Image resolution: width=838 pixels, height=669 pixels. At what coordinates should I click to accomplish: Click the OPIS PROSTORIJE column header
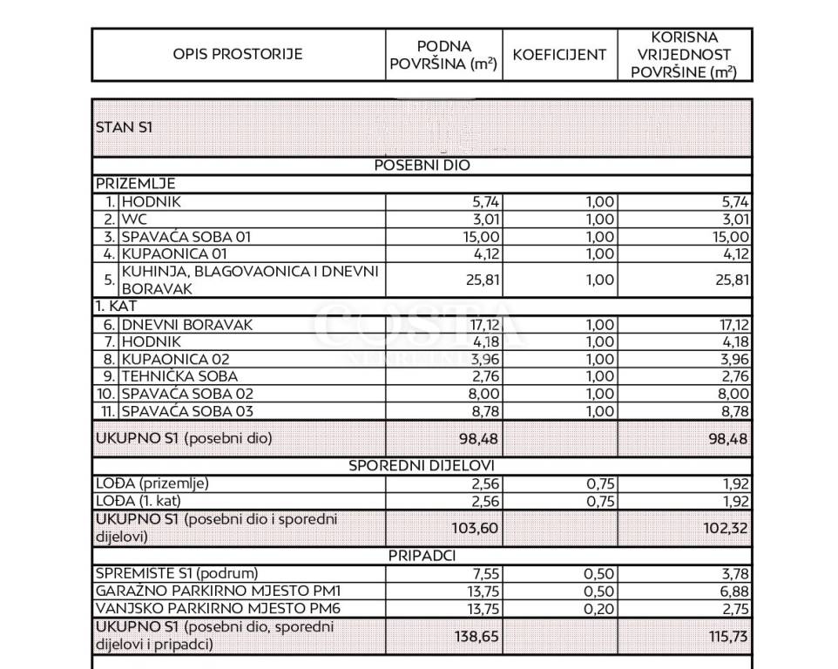(x=238, y=54)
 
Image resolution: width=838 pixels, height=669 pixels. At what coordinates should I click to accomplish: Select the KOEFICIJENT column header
(x=559, y=54)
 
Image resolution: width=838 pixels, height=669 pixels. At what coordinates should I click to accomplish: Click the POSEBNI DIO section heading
(x=422, y=166)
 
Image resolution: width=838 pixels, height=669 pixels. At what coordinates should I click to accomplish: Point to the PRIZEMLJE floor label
(x=135, y=184)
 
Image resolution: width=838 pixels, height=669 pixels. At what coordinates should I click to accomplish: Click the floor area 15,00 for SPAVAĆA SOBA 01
(x=480, y=236)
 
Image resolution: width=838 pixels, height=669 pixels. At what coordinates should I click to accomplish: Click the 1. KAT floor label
(x=117, y=307)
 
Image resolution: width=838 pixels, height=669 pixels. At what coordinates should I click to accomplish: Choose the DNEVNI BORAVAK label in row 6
(x=187, y=325)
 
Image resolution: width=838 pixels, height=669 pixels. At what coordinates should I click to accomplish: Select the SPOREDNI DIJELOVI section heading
(x=422, y=465)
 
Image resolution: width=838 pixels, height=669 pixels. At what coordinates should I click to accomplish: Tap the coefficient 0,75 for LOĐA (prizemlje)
(x=596, y=483)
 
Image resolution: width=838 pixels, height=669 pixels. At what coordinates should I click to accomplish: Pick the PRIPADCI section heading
(x=422, y=555)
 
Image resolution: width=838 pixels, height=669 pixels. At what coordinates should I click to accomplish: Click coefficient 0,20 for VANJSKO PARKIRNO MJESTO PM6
(x=596, y=608)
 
